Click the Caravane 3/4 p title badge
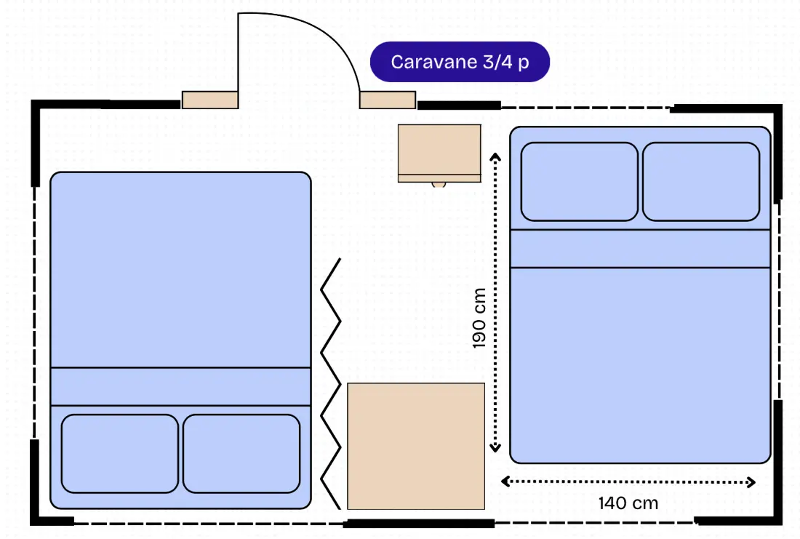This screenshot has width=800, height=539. coord(460,62)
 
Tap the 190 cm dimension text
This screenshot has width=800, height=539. coord(479,319)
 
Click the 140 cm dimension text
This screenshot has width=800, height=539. coord(628,503)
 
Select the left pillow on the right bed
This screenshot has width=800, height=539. coord(579,182)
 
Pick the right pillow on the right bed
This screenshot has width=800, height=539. coord(701,182)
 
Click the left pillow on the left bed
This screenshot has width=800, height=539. coord(119,454)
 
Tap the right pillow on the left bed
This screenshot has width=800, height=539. coord(241,454)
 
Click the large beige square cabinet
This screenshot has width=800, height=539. coord(416,446)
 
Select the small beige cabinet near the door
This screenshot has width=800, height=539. coord(439,153)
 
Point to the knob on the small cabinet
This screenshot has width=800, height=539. coord(439,185)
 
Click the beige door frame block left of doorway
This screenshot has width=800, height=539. coord(210,100)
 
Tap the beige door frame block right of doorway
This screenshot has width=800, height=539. coord(388,100)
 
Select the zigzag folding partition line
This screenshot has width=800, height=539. coord(331,384)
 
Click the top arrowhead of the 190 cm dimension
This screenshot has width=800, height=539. coord(495,156)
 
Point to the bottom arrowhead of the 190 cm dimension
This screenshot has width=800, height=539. coord(495,448)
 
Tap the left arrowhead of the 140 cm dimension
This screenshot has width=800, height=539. coord(505,482)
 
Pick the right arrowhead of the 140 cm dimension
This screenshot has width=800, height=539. coord(751,482)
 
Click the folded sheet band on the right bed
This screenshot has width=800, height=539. coord(640,249)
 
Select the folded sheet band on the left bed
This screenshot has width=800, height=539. coord(180,386)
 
